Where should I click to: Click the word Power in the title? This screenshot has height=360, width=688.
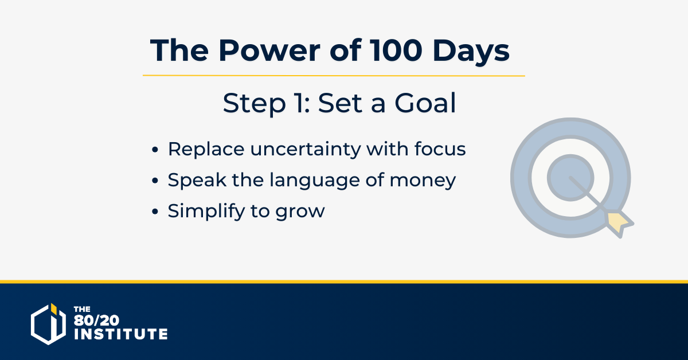[x=269, y=50]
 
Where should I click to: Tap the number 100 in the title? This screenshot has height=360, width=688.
[x=396, y=50]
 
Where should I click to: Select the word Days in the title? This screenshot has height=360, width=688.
[x=471, y=52]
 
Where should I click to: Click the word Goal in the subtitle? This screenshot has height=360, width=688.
[x=425, y=103]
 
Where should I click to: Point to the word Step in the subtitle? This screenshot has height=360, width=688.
[x=255, y=104]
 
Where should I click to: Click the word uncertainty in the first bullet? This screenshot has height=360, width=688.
[x=305, y=150]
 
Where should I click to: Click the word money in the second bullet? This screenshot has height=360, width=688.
[x=423, y=181]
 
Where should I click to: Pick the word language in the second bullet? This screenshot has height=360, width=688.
[x=315, y=181]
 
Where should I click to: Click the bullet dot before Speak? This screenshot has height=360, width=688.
[x=155, y=181]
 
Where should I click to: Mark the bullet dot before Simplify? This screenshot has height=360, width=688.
[x=155, y=212]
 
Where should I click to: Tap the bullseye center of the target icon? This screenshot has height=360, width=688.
[x=570, y=178]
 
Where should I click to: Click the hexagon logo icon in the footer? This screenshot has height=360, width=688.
[x=49, y=324]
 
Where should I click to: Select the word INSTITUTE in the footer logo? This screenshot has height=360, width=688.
[x=121, y=334]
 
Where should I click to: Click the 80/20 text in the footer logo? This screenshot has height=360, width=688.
[x=96, y=320]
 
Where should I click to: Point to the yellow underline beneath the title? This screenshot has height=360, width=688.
[x=334, y=76]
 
